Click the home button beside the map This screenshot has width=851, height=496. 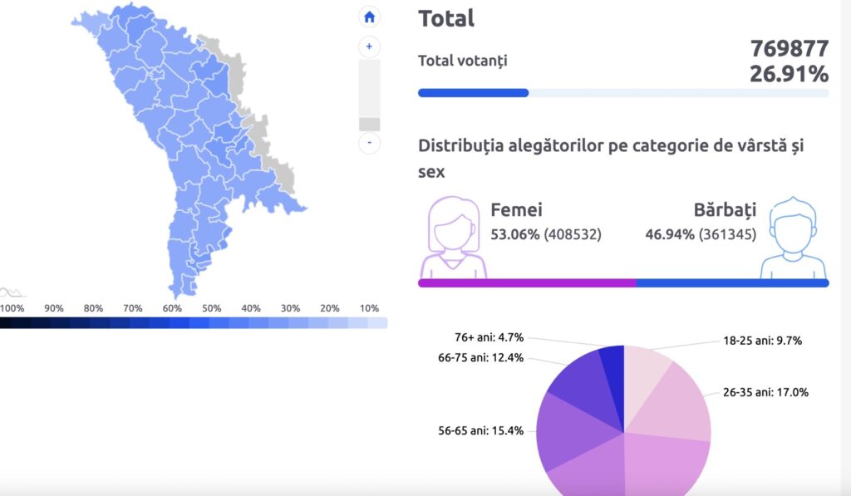pos(369,17)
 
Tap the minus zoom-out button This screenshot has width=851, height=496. pos(369,143)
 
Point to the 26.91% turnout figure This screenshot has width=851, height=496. pos(789,74)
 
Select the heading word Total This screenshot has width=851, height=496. pos(446,18)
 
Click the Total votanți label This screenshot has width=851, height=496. pos(462,60)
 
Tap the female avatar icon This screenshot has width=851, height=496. pos(453,238)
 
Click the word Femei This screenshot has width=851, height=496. pos(516,210)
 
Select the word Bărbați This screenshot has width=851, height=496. pos(725,210)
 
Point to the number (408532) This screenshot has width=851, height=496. pos(573,235)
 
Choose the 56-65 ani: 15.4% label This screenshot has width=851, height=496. pos(480,430)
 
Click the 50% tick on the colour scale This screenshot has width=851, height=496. pos(211,308)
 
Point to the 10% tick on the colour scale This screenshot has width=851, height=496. pos(369,308)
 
